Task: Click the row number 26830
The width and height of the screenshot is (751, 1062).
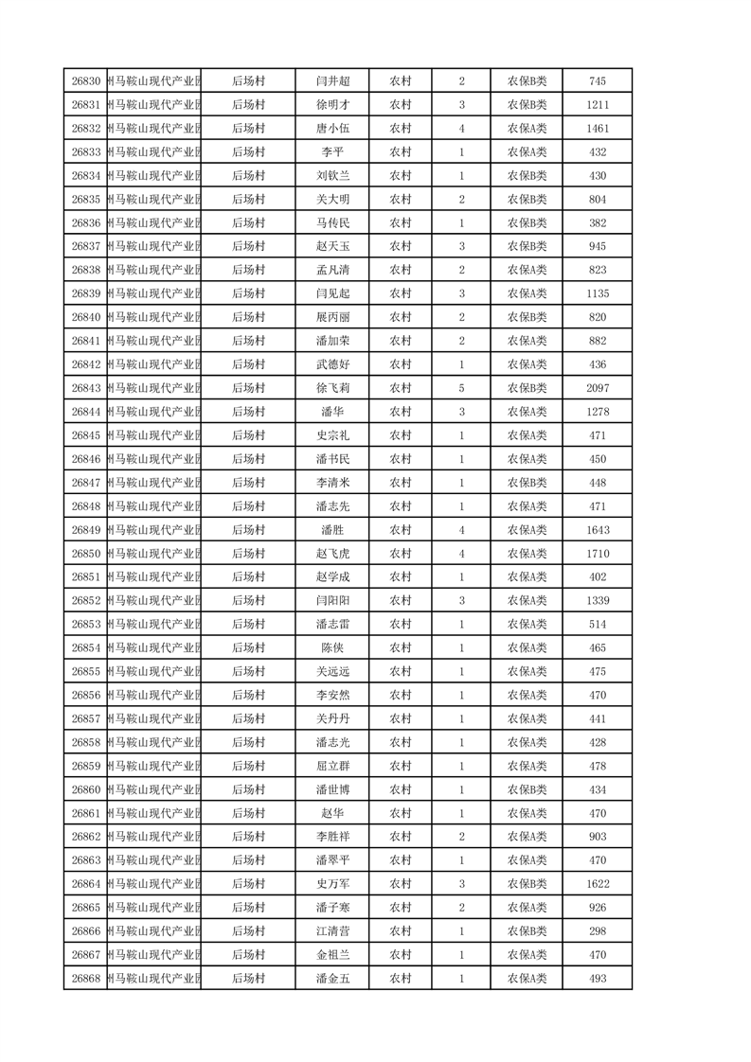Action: coord(85,81)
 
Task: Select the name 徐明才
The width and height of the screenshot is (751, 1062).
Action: coord(332,105)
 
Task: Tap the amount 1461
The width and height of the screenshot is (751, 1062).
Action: coord(597,129)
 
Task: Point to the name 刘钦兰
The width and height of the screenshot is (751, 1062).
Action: coord(332,176)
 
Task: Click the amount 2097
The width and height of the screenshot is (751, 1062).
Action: coord(597,388)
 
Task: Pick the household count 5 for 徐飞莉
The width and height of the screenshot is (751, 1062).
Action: coord(461,388)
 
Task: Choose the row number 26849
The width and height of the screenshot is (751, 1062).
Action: coord(85,530)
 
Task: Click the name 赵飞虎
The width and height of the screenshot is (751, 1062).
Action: coord(332,554)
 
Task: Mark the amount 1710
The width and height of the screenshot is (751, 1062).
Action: coord(597,554)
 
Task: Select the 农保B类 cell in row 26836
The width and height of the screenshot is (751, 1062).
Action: coord(527,223)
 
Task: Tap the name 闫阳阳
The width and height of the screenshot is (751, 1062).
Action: coord(332,601)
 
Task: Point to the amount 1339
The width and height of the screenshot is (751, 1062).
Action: coord(597,601)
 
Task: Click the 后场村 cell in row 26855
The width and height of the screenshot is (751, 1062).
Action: coord(248,672)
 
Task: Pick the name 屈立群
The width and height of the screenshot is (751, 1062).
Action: coord(332,766)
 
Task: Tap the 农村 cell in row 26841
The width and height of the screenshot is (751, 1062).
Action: coord(401,341)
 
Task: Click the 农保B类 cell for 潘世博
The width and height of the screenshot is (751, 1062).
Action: coord(527,789)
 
